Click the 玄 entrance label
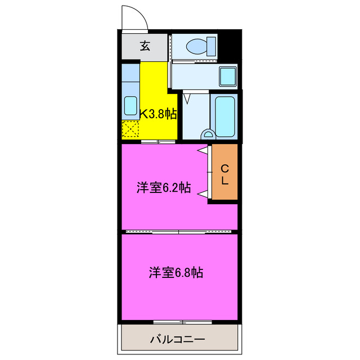coord(145,47)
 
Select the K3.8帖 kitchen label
coord(158,114)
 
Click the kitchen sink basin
coord(130,105)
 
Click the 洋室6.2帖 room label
coord(163,187)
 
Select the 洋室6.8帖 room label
coord(176,273)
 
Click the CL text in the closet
coord(224,174)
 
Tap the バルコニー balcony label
coord(177,340)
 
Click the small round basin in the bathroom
coord(208,134)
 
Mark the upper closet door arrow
coord(201,151)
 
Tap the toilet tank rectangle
coord(211,43)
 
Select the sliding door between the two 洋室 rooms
coord(179,231)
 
